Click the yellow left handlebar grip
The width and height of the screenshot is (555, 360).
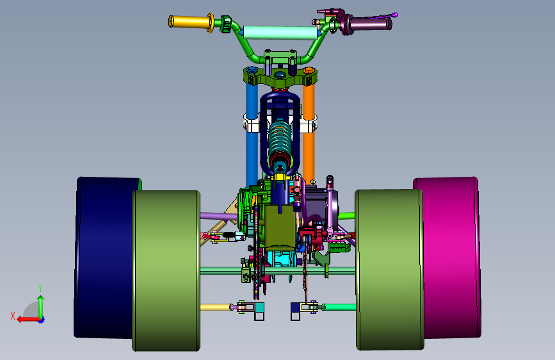click(x=189, y=22)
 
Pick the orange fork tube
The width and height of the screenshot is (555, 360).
click(x=309, y=135)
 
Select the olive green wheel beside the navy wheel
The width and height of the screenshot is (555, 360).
click(x=166, y=271)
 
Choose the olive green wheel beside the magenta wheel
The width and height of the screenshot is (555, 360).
click(x=389, y=270)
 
